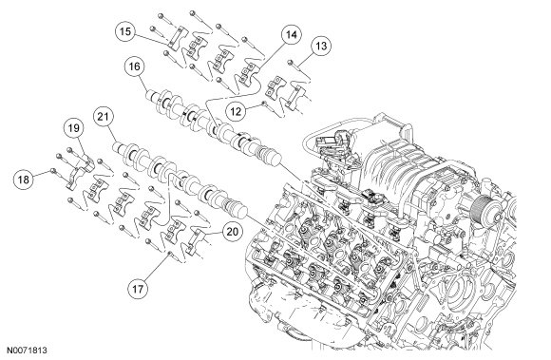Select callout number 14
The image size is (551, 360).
click(291, 35)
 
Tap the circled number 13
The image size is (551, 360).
click(321, 46)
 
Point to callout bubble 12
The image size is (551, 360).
click(236, 111)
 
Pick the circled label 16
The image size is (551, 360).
click(134, 66)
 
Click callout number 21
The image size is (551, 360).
click(103, 116)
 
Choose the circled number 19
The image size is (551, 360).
click(74, 128)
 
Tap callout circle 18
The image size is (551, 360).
click(23, 180)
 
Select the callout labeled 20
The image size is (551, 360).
click(233, 232)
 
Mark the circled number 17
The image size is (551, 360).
click(138, 289)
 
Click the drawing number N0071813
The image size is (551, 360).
click(28, 351)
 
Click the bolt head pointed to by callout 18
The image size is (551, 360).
click(53, 170)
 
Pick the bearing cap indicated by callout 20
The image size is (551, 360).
click(196, 241)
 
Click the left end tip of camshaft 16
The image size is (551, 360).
click(147, 95)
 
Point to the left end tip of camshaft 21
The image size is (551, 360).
click(114, 147)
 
